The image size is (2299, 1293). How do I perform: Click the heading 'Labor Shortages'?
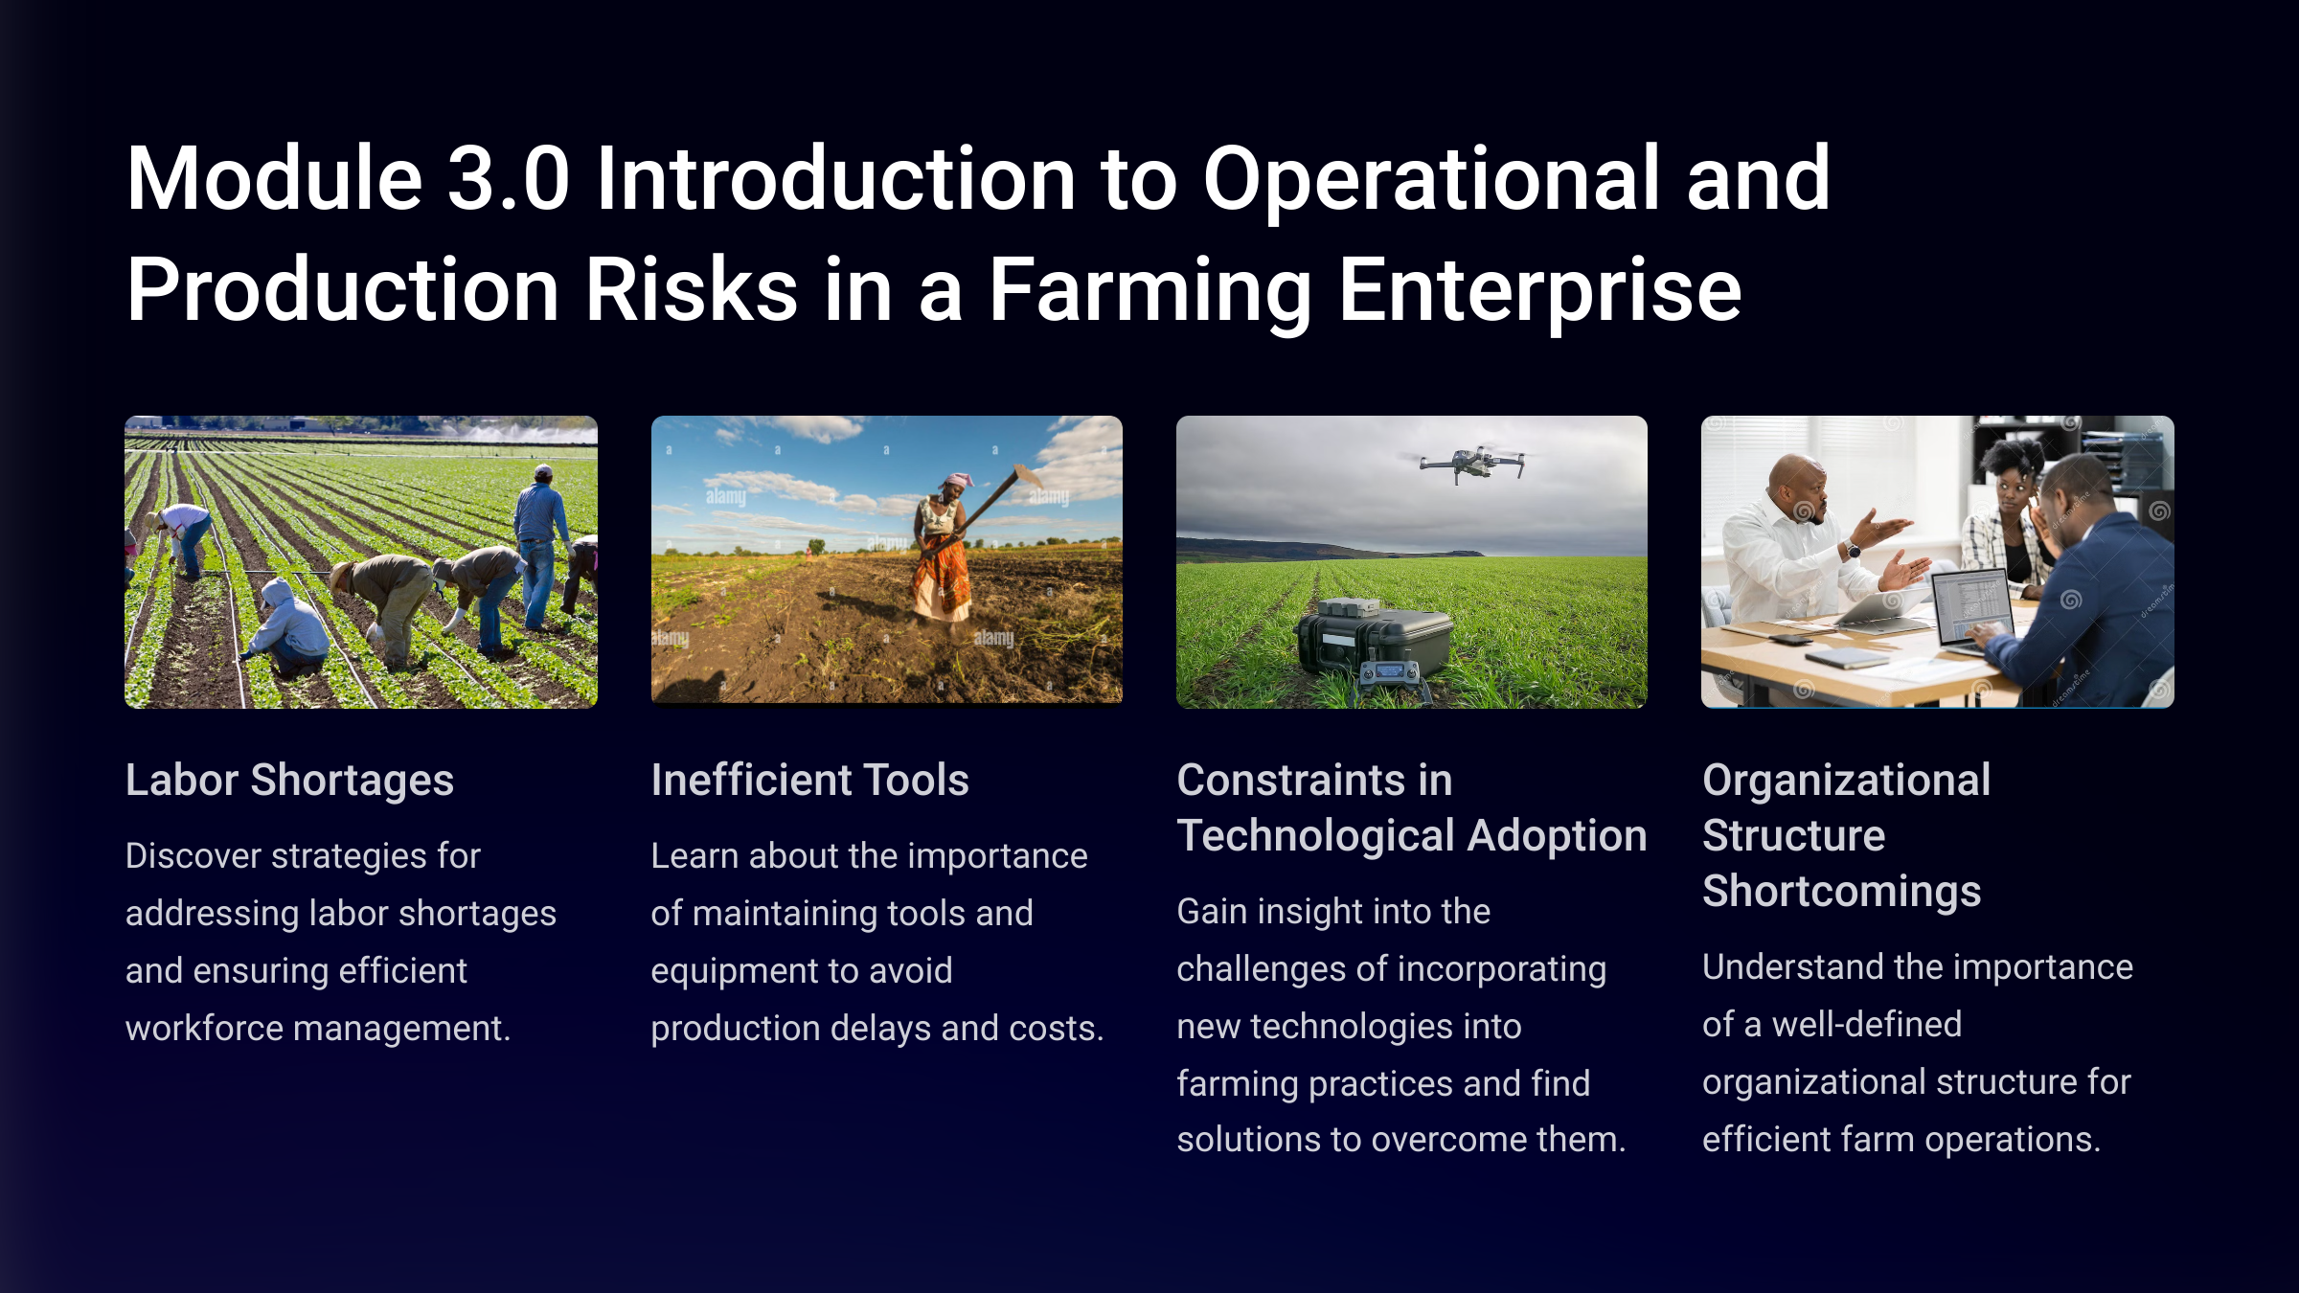(289, 781)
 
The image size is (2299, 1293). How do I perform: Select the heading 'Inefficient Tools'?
(809, 780)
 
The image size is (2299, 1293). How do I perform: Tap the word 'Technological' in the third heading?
(1316, 835)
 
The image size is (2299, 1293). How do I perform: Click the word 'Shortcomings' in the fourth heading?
(1841, 892)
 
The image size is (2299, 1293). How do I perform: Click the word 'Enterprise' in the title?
(1539, 289)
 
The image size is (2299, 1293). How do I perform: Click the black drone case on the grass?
(1375, 637)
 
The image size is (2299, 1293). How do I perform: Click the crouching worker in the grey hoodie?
(287, 626)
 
